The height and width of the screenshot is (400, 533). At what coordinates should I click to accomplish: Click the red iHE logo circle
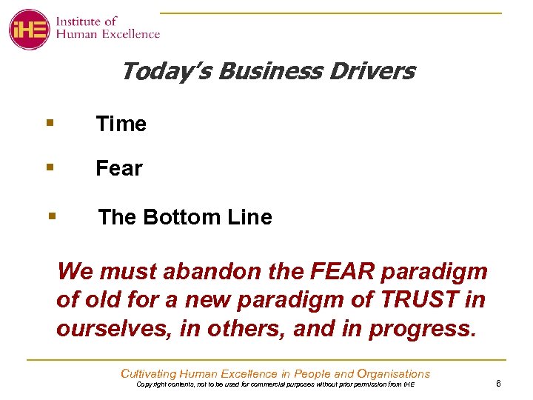29,29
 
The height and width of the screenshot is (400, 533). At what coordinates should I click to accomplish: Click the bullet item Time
121,124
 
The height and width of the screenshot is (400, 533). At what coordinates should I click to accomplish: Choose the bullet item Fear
118,169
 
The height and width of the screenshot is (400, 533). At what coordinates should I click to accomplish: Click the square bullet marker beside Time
49,122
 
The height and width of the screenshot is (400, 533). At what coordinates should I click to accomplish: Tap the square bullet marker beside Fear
49,167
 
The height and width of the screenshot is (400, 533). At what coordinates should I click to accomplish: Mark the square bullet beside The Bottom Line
52,216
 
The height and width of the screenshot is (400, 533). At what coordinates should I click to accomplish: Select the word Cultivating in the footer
150,374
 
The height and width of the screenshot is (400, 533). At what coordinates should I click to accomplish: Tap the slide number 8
499,384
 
